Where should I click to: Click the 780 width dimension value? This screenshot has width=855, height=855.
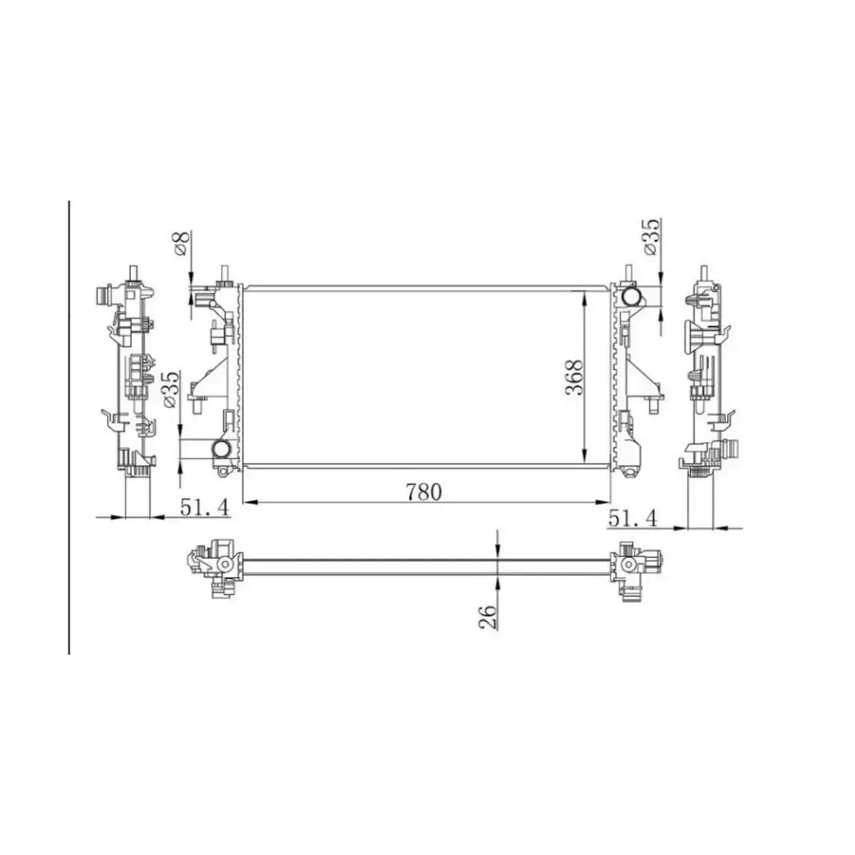click(424, 492)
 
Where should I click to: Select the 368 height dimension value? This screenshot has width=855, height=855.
click(574, 377)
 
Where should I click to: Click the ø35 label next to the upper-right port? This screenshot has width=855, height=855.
click(651, 237)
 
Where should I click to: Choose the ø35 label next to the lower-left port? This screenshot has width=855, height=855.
click(170, 389)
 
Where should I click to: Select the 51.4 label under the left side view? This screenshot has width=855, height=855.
click(204, 507)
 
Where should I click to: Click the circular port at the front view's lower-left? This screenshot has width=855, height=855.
click(222, 450)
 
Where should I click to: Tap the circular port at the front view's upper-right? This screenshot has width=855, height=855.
click(631, 296)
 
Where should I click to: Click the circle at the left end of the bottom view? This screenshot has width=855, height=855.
click(225, 564)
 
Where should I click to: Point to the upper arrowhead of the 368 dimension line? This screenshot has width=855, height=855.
click(585, 295)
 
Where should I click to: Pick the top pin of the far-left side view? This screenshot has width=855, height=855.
click(133, 272)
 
